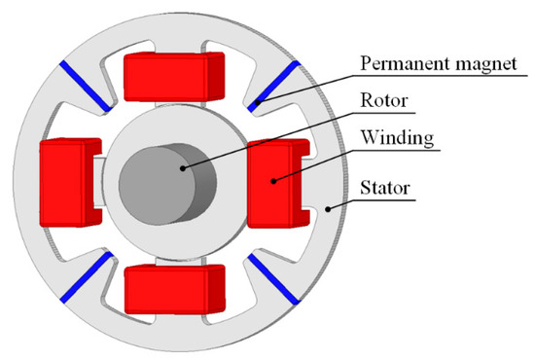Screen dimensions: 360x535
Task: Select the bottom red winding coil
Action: click(175, 288)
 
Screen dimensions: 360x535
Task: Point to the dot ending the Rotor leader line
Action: click(184, 168)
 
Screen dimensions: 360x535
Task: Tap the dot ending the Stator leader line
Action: click(330, 206)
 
